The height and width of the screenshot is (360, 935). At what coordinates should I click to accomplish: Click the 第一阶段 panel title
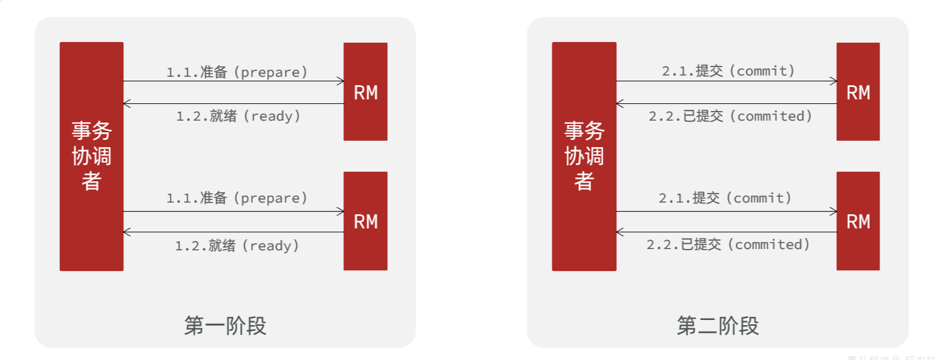225,326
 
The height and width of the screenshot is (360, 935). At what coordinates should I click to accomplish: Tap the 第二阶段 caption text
718,326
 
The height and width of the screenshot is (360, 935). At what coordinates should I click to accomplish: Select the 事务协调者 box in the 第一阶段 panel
91,156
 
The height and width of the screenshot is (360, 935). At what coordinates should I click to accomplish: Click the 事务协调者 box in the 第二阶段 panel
584,156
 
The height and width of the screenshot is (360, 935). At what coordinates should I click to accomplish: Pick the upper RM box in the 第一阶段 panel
365,92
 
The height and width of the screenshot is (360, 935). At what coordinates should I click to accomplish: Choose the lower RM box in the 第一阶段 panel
365,221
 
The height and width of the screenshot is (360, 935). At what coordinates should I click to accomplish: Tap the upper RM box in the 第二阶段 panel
858,92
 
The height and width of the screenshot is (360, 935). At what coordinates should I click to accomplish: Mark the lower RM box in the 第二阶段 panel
858,221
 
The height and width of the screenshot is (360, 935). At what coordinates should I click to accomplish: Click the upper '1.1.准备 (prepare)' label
237,72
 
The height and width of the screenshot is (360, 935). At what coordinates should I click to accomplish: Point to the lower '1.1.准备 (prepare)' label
237,197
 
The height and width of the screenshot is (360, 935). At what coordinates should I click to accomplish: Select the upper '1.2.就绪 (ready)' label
238,116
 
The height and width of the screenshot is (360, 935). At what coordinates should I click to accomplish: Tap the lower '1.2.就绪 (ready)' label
237,245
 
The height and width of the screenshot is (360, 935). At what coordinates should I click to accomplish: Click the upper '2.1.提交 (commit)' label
729,71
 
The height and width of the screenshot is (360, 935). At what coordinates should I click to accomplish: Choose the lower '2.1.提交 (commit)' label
725,197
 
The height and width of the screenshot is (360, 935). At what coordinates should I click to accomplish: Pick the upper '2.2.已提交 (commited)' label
730,116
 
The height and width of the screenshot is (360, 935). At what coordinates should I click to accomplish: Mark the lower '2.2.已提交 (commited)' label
729,245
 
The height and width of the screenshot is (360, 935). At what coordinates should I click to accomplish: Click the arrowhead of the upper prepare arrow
340,81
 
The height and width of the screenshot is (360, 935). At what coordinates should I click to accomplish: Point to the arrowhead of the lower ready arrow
127,232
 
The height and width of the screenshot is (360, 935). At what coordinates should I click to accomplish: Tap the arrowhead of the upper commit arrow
833,81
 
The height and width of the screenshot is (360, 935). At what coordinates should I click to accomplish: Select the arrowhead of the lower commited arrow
620,232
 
